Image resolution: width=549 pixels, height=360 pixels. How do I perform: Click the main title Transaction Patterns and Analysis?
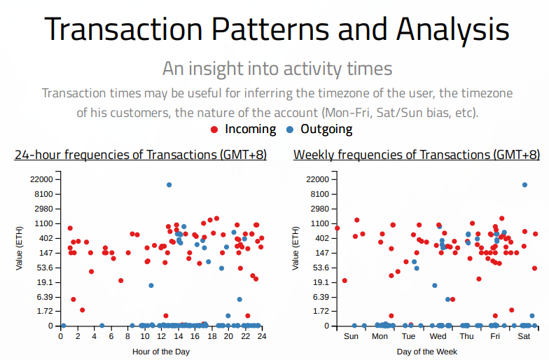click(277, 29)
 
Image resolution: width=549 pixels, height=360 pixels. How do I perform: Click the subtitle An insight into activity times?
click(277, 69)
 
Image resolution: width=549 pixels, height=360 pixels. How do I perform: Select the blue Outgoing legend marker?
click(291, 130)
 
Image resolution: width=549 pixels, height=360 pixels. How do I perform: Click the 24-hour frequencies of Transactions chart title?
click(140, 155)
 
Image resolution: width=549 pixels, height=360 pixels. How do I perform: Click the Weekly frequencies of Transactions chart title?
click(417, 155)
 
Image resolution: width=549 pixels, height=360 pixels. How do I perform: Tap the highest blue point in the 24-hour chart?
click(169, 185)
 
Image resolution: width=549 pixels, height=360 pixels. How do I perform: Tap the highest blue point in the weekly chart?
click(524, 185)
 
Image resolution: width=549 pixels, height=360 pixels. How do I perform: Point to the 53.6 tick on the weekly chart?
click(320, 268)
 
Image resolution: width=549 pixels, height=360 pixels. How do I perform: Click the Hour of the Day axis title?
click(160, 351)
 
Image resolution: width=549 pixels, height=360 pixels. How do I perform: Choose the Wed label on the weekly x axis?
click(438, 337)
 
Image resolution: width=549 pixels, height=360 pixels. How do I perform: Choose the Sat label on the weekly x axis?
click(524, 337)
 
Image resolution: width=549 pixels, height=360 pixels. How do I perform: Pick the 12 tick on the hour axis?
click(161, 337)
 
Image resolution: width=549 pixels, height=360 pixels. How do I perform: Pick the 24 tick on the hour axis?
click(262, 337)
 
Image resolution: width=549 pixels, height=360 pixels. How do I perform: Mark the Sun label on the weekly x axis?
click(352, 337)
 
